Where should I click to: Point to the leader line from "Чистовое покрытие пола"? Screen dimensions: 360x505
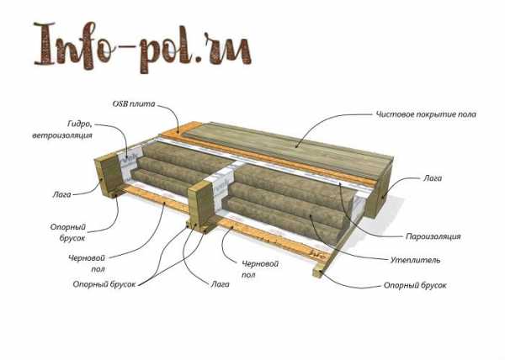[320, 130]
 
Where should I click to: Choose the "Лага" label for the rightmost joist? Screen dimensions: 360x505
[432, 179]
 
